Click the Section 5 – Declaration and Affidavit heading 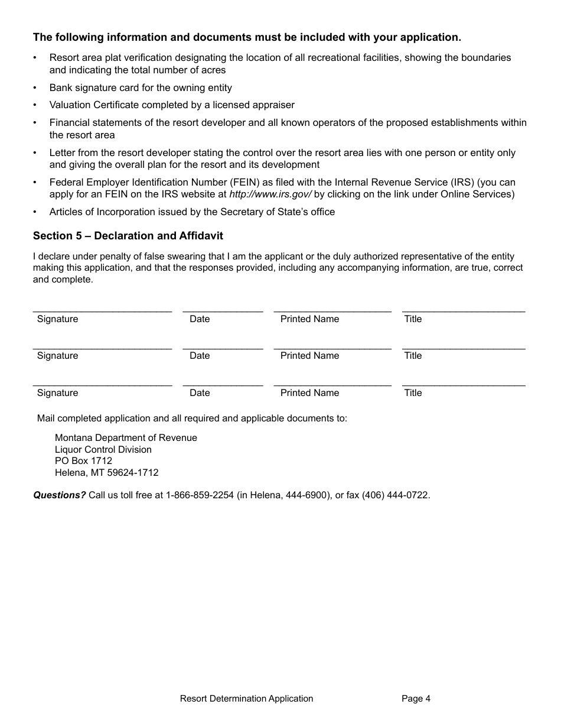click(x=128, y=236)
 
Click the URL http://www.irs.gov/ click(x=270, y=194)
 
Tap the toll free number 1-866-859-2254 click(x=200, y=495)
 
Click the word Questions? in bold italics click(x=59, y=495)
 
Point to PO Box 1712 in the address click(x=83, y=461)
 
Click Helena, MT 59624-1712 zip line click(x=106, y=473)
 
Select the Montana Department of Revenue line click(x=126, y=438)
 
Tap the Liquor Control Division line click(x=103, y=450)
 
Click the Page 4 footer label click(x=416, y=699)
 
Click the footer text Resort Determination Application click(x=246, y=699)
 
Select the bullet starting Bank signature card click(x=141, y=88)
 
